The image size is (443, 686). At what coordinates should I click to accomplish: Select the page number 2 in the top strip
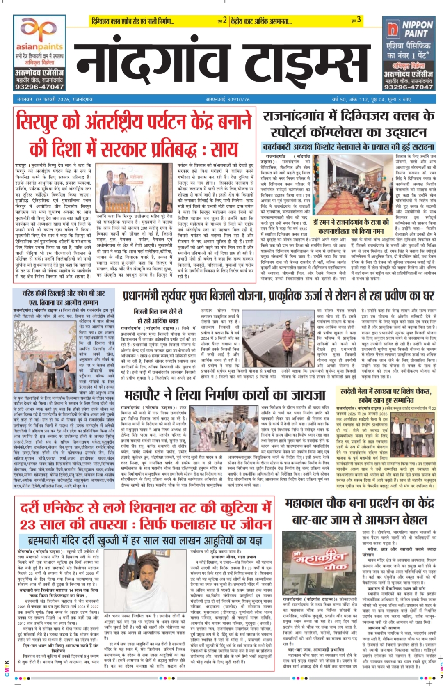[x=225, y=20]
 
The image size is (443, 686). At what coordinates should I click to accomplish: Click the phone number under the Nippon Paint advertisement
[x=408, y=87]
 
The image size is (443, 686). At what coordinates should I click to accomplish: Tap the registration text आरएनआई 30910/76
[x=227, y=99]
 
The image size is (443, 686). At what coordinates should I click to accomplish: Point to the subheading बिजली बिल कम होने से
[x=158, y=311]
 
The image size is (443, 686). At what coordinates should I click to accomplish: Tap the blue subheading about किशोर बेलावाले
[x=348, y=147]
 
